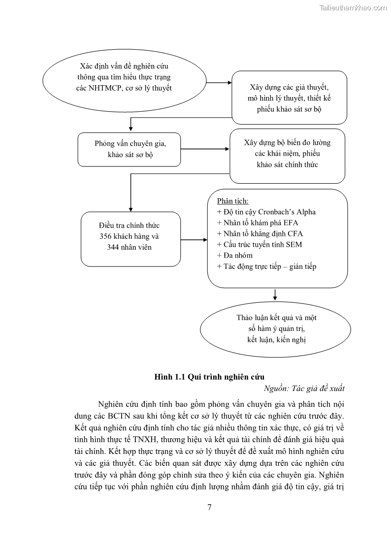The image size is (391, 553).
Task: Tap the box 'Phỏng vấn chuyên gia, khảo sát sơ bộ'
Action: coord(130,149)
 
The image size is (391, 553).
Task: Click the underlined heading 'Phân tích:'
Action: coord(232,201)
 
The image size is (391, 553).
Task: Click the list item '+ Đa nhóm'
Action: coord(234,255)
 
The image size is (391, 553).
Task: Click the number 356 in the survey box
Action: coord(106,237)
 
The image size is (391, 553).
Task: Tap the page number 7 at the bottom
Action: coord(210,508)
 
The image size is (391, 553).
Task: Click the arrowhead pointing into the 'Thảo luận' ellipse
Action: coord(275,297)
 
